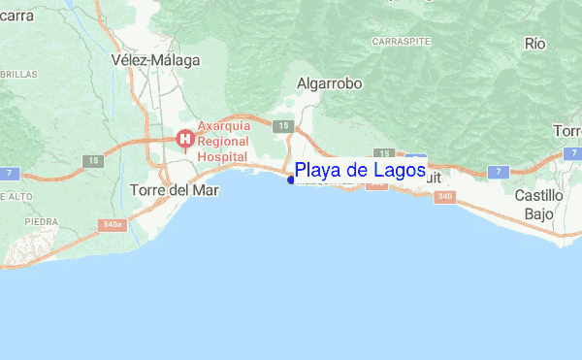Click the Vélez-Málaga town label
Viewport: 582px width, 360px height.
155,60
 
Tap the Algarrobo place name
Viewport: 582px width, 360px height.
329,84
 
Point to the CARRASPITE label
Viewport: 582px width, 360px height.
399,43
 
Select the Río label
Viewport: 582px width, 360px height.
535,44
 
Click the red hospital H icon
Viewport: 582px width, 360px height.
183,140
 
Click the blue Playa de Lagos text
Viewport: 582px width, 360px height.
360,171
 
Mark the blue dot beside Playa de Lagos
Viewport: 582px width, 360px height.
292,178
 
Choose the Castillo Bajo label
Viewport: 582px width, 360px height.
538,204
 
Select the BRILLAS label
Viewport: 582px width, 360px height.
17,74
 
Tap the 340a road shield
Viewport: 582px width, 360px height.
113,224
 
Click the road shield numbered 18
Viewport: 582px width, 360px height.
282,125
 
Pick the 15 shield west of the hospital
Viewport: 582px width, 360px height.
93,160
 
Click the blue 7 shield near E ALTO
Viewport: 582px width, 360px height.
8,173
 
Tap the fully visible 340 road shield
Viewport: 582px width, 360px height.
445,197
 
